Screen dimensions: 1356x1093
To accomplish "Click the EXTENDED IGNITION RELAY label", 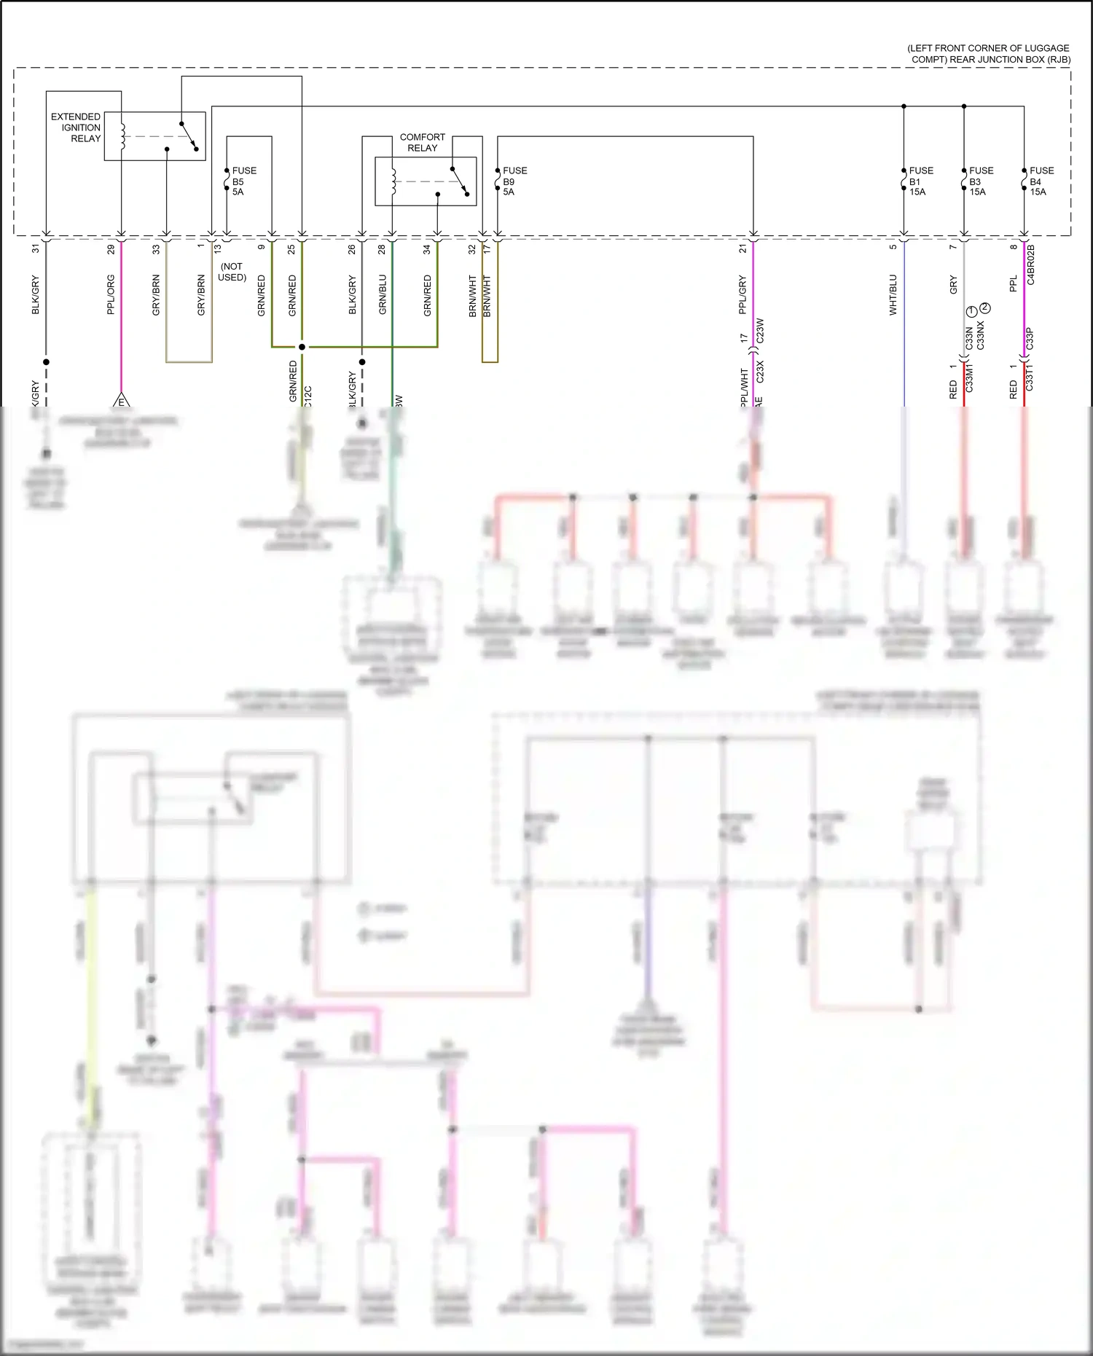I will click(x=76, y=128).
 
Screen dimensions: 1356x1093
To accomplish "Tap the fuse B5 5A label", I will click(x=243, y=181).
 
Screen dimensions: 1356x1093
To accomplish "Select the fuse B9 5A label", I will click(x=514, y=181).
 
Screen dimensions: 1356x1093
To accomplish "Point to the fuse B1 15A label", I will click(x=920, y=181).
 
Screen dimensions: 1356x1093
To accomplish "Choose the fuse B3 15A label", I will click(x=981, y=181).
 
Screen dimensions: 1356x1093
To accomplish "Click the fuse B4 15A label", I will click(x=1041, y=181).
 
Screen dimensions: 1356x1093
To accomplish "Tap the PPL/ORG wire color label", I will click(x=111, y=294).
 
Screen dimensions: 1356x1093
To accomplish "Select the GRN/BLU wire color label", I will click(x=383, y=294).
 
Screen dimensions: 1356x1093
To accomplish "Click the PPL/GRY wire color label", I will click(x=743, y=294).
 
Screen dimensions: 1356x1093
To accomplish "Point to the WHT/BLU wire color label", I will click(x=893, y=294).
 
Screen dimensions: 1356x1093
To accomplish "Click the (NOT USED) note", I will click(x=232, y=272).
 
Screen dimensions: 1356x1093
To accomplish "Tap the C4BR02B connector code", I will click(x=1030, y=264).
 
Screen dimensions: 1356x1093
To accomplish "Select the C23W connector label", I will click(x=760, y=330).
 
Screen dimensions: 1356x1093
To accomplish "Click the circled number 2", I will click(x=985, y=307).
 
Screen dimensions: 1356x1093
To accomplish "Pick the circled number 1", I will click(x=971, y=312).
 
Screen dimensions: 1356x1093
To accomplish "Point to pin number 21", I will click(x=743, y=248).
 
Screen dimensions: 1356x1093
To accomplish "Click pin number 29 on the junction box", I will click(x=111, y=248).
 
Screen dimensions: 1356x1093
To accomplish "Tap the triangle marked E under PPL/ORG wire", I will click(x=122, y=401).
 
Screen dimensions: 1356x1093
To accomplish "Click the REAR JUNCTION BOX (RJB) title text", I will click(x=988, y=53).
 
